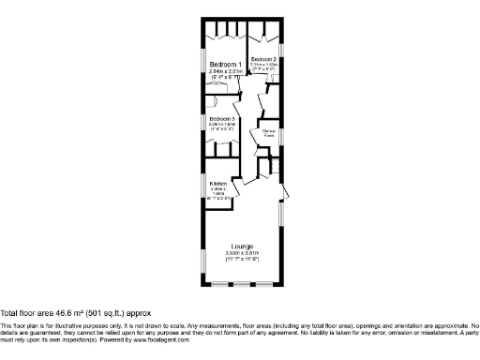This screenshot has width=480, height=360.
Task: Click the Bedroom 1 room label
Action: click(x=222, y=64)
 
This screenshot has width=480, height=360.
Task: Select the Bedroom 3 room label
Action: click(x=221, y=119)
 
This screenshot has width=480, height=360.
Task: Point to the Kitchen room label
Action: click(x=217, y=184)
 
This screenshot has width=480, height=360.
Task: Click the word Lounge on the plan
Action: click(x=243, y=247)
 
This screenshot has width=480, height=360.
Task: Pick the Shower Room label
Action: click(x=268, y=130)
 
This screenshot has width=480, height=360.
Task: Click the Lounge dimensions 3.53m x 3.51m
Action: click(x=243, y=254)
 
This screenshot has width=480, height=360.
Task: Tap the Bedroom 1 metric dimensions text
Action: click(x=224, y=70)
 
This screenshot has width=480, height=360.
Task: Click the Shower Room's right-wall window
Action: click(x=281, y=137)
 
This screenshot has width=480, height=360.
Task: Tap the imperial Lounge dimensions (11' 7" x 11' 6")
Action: click(x=243, y=261)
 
